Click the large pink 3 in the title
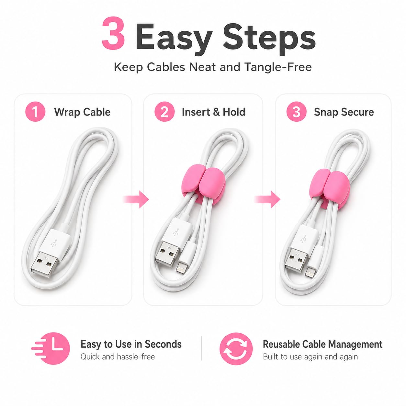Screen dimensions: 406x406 pos(113,33)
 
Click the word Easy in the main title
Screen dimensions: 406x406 pos(174,39)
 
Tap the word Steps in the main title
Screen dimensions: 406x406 pos(269,39)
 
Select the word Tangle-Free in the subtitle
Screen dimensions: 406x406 pos(278,67)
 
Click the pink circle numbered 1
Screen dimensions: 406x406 pos(35,112)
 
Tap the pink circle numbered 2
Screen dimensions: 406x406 pos(164,112)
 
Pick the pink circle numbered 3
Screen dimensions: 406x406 pos(296,112)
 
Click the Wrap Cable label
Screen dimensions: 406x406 pos(82,112)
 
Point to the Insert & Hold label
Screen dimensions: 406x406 pos(213,112)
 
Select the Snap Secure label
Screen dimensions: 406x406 pos(344,112)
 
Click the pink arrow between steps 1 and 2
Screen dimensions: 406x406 pos(136,199)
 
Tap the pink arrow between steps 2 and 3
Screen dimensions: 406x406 pos(267,199)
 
